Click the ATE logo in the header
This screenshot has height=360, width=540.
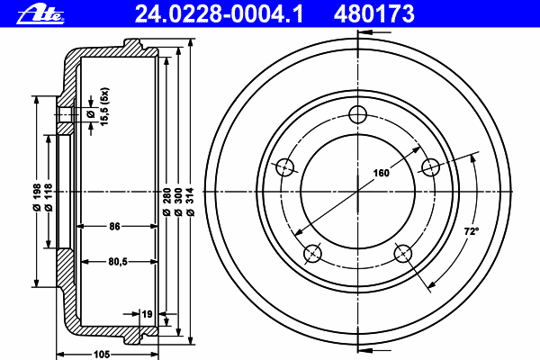pos(40,14)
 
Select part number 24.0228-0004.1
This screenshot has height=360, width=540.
pos(219,13)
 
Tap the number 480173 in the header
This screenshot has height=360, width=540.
pos(374,13)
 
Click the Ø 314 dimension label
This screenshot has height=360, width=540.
pos(191,202)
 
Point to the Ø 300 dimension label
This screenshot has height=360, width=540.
pos(178,202)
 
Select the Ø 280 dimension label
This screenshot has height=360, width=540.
pos(166,202)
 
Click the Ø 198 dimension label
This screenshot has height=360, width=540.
pos(37,197)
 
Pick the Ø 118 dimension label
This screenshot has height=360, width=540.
pos(49,197)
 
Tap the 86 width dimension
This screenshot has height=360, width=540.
pos(114,226)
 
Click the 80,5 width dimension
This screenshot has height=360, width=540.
pos(118,262)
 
